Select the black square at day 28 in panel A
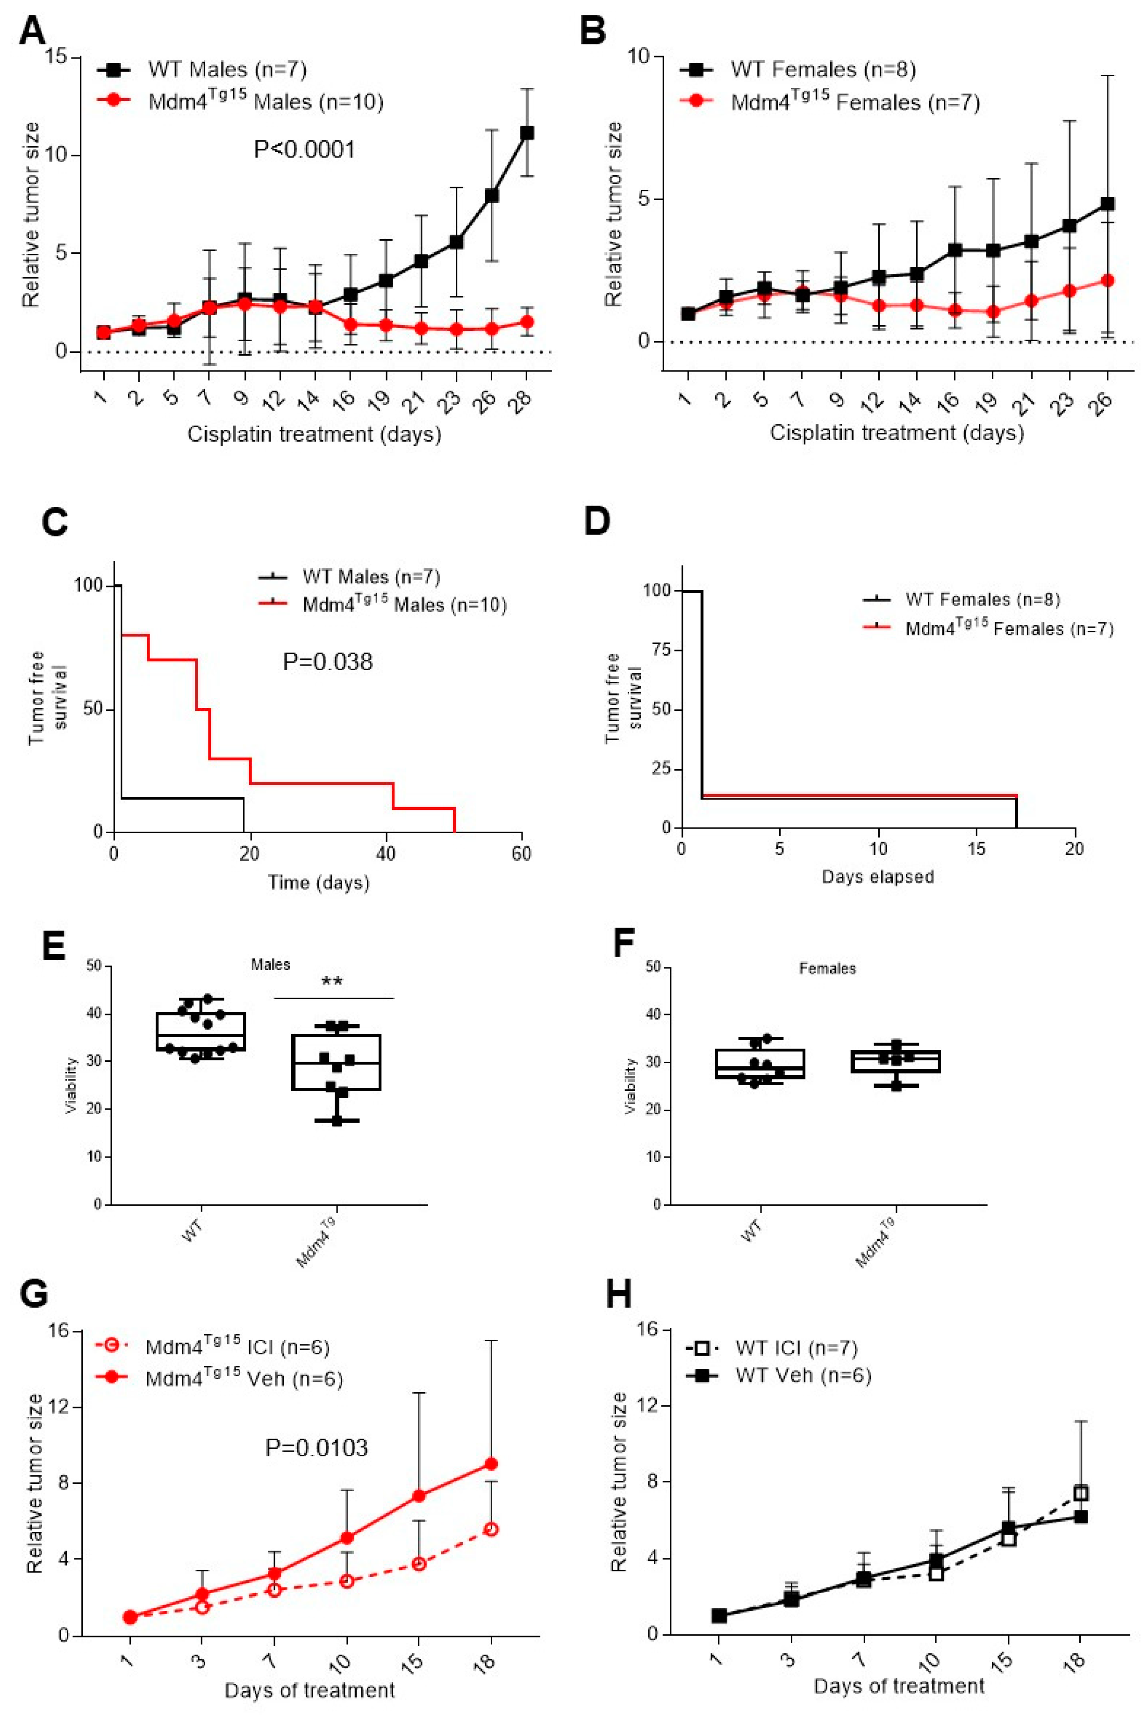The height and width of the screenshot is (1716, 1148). click(x=526, y=132)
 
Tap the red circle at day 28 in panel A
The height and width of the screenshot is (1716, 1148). click(x=526, y=321)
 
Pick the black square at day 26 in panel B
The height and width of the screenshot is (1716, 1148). click(x=1108, y=203)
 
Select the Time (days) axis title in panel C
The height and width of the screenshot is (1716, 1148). click(x=318, y=882)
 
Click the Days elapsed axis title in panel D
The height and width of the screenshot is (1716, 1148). click(x=878, y=877)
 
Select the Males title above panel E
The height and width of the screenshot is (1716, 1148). click(x=271, y=965)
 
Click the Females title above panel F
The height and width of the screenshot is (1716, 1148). click(x=827, y=968)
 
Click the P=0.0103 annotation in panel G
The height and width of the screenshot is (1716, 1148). click(x=316, y=1447)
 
